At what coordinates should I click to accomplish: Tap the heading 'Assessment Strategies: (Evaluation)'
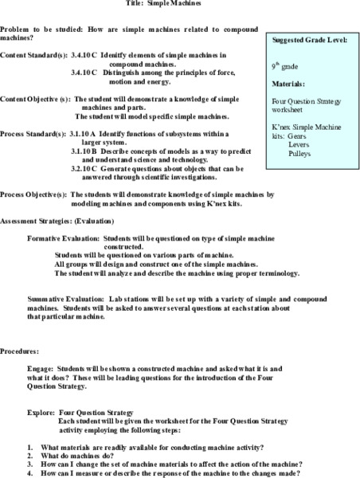(57, 220)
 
